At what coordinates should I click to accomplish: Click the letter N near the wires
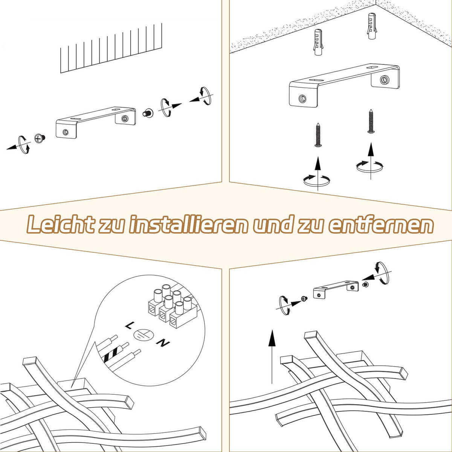point(163,343)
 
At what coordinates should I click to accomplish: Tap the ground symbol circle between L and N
point(144,335)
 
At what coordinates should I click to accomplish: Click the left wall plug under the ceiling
point(318,42)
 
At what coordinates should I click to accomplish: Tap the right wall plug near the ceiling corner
point(371,26)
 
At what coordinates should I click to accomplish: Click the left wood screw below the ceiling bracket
point(318,135)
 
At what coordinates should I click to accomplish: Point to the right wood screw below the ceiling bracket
point(371,121)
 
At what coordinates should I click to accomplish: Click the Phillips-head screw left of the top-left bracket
point(40,138)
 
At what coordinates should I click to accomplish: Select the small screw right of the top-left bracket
point(148,113)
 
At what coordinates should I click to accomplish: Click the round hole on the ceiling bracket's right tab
point(385,80)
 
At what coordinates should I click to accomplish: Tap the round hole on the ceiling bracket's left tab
point(302,99)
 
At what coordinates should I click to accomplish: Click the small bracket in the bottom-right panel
point(336,289)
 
